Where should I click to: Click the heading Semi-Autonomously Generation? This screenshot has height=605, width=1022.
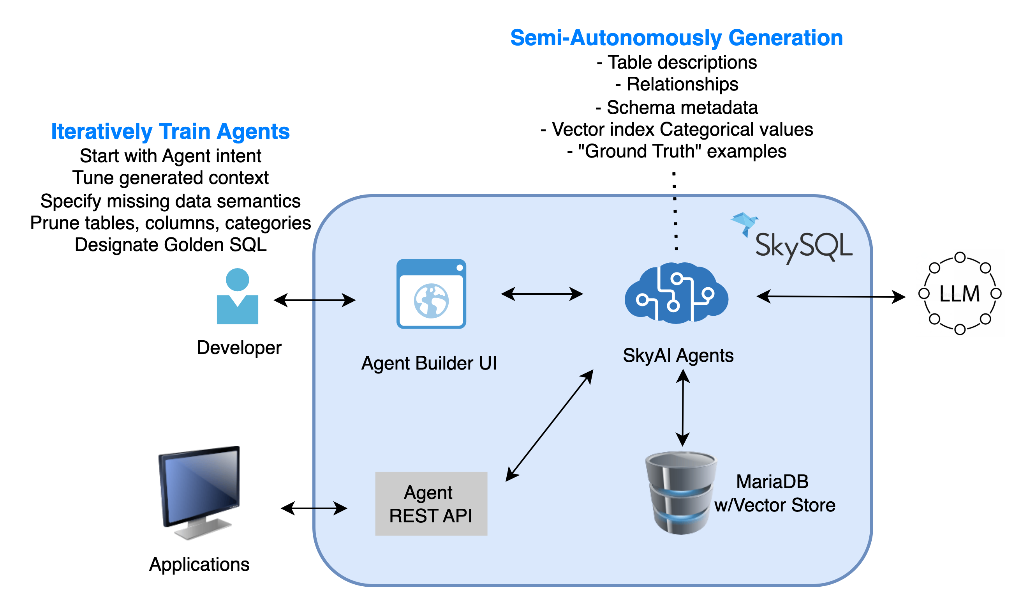[676, 38]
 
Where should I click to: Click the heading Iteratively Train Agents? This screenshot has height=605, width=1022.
[170, 131]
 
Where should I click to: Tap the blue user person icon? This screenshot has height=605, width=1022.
[238, 296]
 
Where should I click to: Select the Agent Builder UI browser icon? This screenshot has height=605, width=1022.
[431, 294]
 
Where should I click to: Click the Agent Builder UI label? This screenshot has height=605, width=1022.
[429, 363]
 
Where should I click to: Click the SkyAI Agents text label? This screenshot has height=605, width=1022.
[678, 356]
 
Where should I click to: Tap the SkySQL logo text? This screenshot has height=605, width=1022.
[803, 246]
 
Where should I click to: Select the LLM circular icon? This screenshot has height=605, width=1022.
[959, 293]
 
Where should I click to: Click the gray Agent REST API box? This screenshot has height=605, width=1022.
[431, 504]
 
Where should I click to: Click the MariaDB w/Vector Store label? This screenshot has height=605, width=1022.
[774, 493]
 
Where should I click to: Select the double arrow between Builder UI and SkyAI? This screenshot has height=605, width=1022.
[542, 294]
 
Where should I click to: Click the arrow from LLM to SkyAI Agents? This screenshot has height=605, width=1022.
[815, 296]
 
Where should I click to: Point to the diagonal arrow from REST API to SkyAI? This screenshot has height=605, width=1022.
[549, 426]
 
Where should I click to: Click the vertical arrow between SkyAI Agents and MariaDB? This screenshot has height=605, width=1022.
[683, 408]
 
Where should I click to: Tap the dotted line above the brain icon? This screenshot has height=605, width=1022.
[675, 223]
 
